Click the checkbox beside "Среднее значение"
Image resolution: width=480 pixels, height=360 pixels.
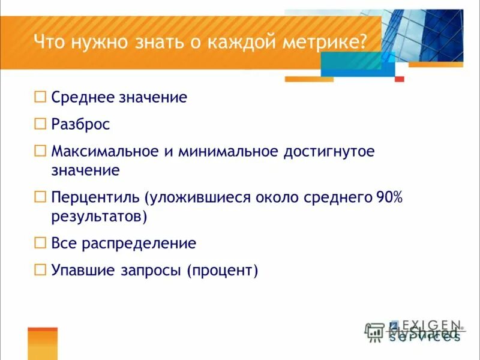click(x=40, y=96)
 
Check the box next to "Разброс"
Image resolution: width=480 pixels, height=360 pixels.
click(x=40, y=124)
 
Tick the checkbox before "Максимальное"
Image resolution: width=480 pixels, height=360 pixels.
click(x=40, y=151)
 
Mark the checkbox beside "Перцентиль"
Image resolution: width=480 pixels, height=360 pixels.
click(x=40, y=197)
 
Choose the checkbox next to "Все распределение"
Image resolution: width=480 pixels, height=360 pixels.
click(x=40, y=243)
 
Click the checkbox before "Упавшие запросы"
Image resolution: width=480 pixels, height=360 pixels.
click(x=40, y=270)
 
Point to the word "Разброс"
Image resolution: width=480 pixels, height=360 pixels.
click(x=80, y=124)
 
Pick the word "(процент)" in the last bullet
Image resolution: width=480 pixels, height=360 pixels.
click(x=222, y=271)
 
